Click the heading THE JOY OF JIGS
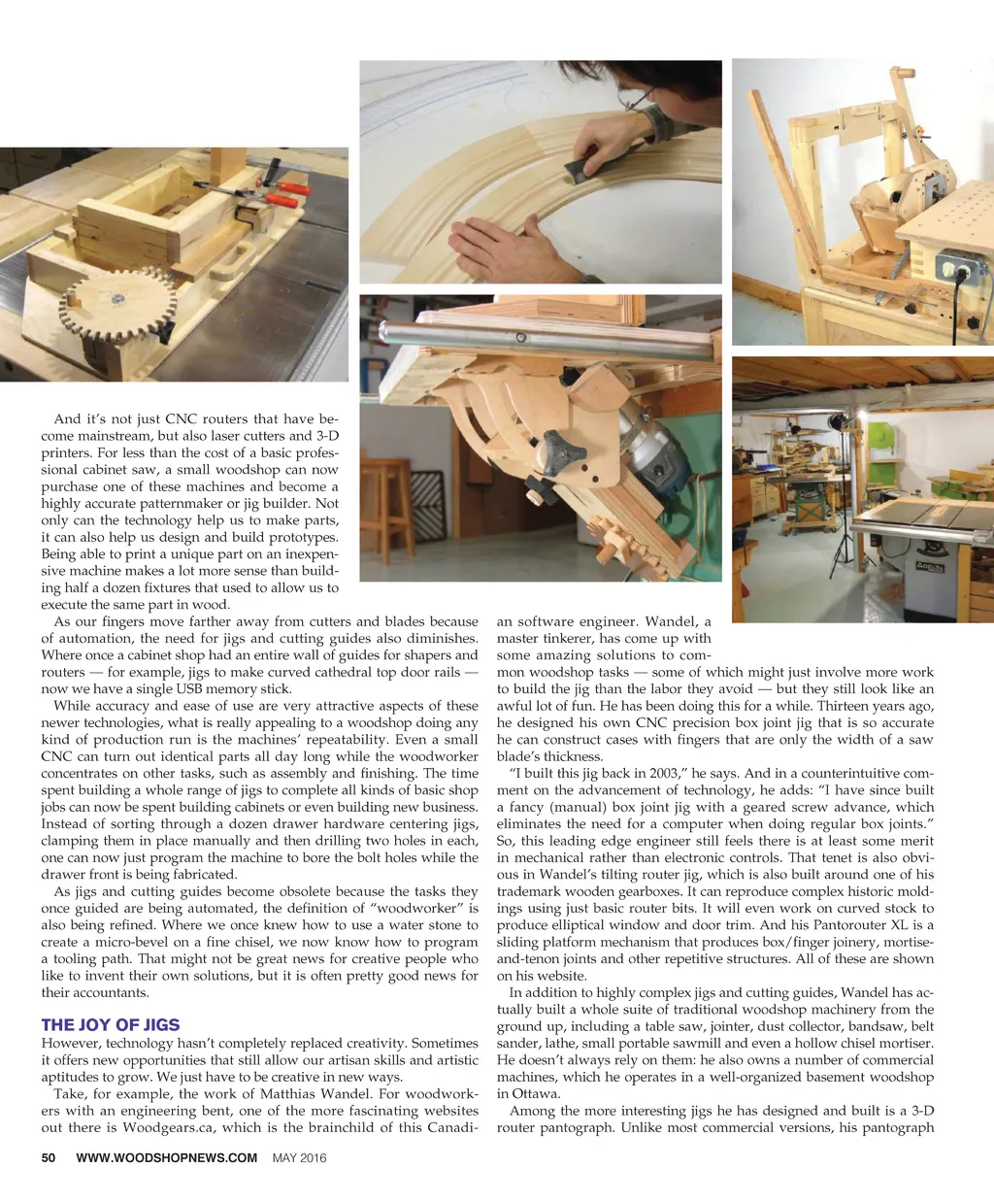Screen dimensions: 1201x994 (110, 1025)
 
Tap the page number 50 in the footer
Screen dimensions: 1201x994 (49, 1157)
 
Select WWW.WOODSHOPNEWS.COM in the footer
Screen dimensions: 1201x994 (166, 1157)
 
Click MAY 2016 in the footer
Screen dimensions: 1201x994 (299, 1157)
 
